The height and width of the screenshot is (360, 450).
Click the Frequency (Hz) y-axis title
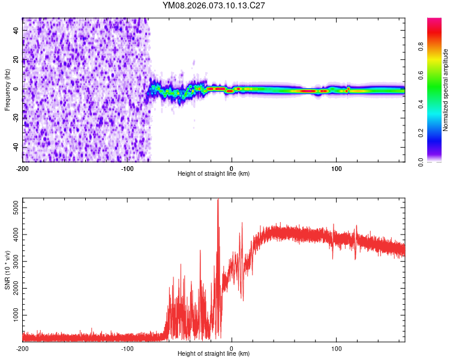(x=7, y=89)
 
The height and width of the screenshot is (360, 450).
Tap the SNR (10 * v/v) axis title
(x=7, y=269)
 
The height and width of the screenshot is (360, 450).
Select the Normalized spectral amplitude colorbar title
(x=445, y=90)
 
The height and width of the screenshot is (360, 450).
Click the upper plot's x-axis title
(x=214, y=173)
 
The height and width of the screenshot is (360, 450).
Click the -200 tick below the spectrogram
(x=23, y=167)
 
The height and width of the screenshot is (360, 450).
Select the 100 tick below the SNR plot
(x=337, y=347)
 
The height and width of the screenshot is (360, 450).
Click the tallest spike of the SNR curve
(x=218, y=200)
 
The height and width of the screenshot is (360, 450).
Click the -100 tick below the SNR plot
(x=127, y=347)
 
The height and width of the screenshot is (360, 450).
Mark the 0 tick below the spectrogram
(x=232, y=167)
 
